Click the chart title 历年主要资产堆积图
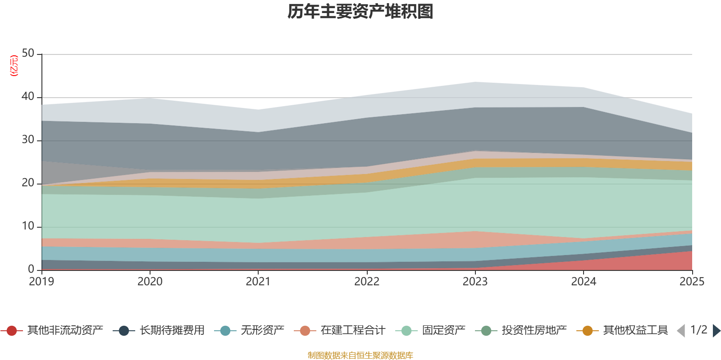[360, 12]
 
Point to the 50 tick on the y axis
[28, 53]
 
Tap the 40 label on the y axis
[28, 96]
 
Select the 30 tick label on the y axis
[28, 139]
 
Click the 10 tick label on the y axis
[28, 226]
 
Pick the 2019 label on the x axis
[41, 282]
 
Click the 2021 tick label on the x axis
[258, 282]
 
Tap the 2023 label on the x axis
[475, 282]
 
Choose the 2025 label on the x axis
[692, 282]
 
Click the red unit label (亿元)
[14, 66]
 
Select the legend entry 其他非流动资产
[52, 330]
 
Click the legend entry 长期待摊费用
[159, 330]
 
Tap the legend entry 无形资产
[249, 330]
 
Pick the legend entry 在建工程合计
[340, 330]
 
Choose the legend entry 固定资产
[430, 330]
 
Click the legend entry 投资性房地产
[521, 330]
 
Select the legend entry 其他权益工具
[622, 330]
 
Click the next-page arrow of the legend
[716, 331]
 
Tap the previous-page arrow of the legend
[681, 331]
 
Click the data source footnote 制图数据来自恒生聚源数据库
[360, 355]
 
